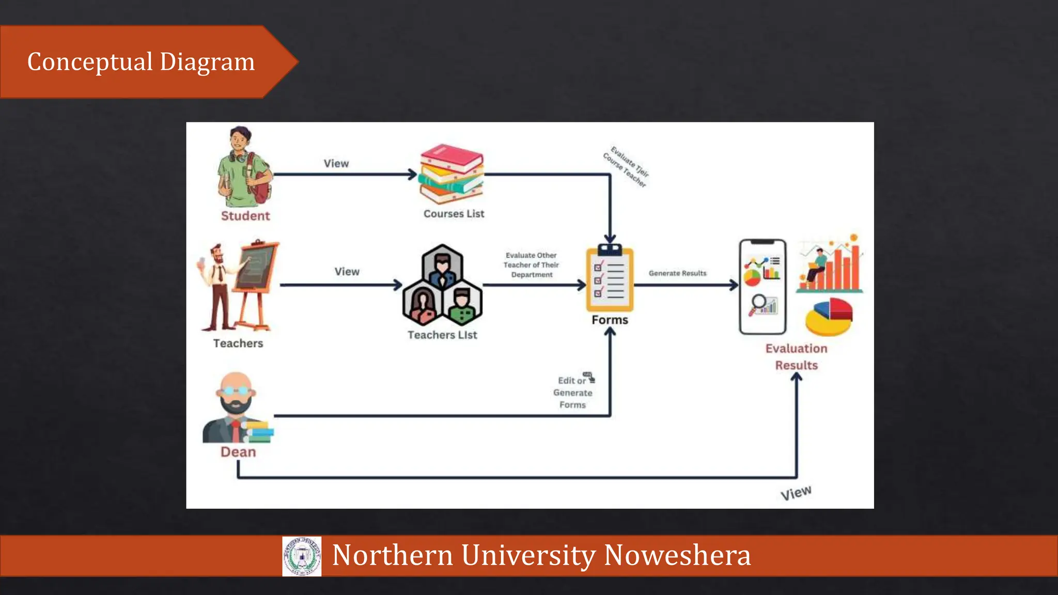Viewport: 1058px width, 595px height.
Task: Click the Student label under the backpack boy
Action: [245, 216]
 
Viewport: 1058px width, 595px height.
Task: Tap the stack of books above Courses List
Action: [451, 174]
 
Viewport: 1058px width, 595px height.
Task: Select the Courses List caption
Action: [454, 214]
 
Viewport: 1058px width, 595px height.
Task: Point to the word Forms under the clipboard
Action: [610, 320]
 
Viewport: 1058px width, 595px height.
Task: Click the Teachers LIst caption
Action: [442, 335]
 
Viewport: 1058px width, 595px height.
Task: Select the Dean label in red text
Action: [238, 452]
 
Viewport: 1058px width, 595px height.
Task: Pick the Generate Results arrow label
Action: [677, 273]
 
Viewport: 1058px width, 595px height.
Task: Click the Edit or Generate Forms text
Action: [573, 393]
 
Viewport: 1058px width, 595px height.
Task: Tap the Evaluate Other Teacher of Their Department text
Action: [531, 265]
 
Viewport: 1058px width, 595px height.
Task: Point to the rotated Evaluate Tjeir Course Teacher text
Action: [626, 167]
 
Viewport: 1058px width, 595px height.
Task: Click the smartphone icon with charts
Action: [763, 287]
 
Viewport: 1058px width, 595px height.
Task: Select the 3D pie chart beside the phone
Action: [829, 316]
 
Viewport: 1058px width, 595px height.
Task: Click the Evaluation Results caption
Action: [796, 357]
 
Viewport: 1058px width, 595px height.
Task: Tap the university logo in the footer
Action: [302, 556]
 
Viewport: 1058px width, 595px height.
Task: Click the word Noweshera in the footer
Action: [677, 555]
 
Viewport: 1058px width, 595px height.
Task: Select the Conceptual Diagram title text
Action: [141, 62]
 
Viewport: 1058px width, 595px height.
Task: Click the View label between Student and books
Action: [336, 164]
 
